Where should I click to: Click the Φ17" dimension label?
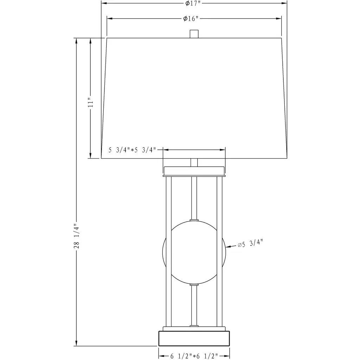[x=193, y=4]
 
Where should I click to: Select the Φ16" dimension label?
[x=191, y=19]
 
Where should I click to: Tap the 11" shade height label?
[x=91, y=102]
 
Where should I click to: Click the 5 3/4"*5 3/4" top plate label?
[x=132, y=150]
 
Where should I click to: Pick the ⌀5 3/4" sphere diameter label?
[x=250, y=244]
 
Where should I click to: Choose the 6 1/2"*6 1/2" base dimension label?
[x=194, y=356]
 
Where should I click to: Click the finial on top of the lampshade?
[x=194, y=34]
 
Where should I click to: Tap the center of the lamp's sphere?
[x=194, y=252]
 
